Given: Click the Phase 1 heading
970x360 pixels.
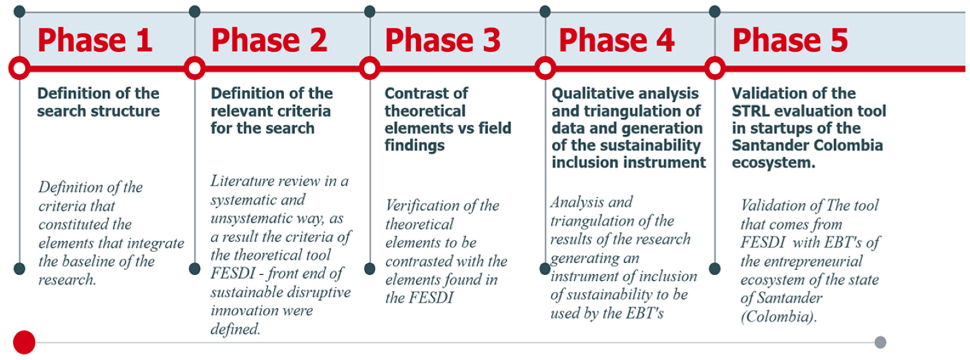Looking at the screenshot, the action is pos(95,40).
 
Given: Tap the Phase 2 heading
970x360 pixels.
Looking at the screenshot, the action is pos(269,40).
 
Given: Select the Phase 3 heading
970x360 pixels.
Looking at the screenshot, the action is pos(442,40).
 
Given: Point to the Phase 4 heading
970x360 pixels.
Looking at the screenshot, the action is pos(616,40).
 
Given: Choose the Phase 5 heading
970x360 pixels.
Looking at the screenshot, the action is pos(790,40).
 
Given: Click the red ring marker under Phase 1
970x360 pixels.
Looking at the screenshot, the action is pos(19,69).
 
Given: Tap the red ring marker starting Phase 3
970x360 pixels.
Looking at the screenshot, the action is pos(370,69).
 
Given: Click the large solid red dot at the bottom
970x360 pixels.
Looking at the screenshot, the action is pos(24,342).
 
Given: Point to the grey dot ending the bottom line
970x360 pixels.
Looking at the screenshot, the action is pos(880,342).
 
